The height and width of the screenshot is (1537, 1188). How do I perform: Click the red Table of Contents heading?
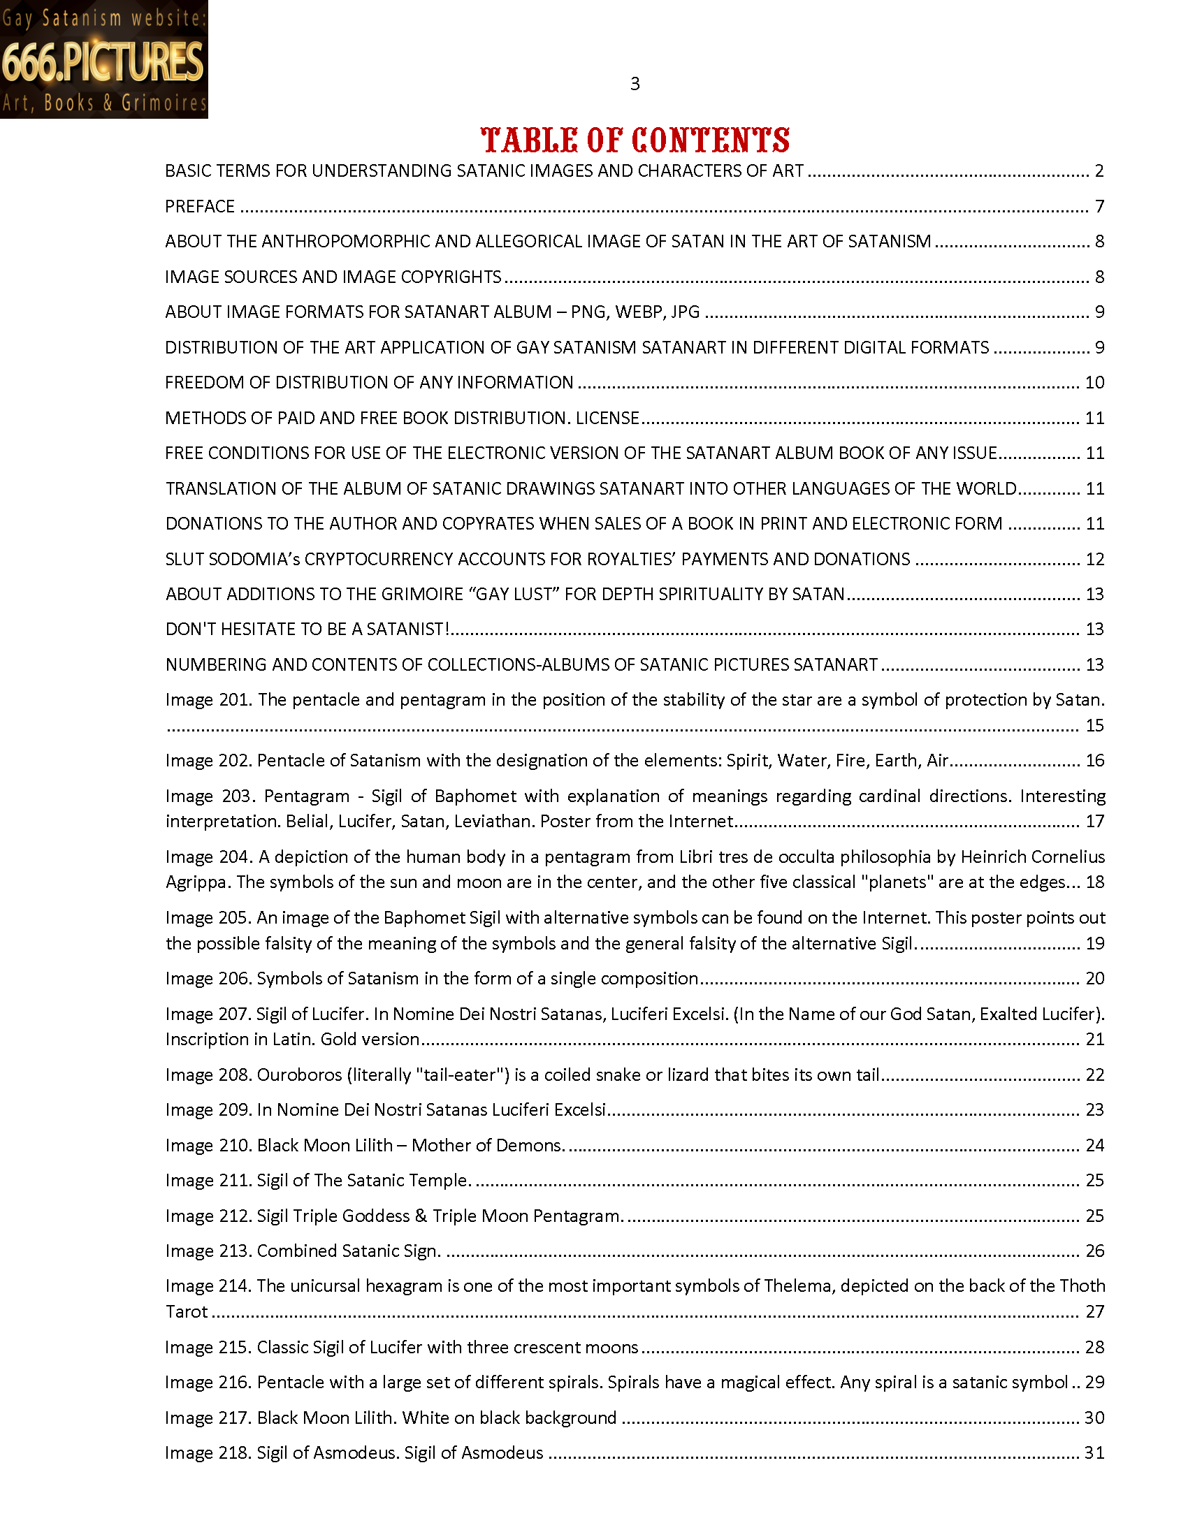(x=635, y=140)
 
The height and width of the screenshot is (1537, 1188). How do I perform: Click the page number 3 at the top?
(x=635, y=85)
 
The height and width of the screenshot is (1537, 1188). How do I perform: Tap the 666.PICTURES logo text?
(x=103, y=62)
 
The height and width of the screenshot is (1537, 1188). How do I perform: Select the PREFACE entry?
(x=200, y=207)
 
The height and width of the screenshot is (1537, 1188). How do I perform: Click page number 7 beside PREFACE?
(x=1099, y=207)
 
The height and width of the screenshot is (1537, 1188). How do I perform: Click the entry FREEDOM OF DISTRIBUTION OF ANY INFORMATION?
(x=369, y=383)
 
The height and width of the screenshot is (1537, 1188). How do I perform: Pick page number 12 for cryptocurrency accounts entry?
(x=1094, y=560)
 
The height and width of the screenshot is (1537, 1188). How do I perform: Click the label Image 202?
(x=208, y=761)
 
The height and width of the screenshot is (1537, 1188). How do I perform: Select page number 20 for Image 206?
(x=1094, y=979)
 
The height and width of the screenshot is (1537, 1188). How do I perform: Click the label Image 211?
(x=208, y=1181)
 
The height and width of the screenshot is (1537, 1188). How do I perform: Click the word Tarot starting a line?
(x=187, y=1312)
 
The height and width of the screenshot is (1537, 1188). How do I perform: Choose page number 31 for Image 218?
(x=1094, y=1453)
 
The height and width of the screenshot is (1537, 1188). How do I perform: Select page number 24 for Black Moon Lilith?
(x=1094, y=1146)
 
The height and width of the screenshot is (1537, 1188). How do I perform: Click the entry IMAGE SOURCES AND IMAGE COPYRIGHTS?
(x=333, y=277)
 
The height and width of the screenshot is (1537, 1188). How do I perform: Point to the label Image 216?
(x=208, y=1383)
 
